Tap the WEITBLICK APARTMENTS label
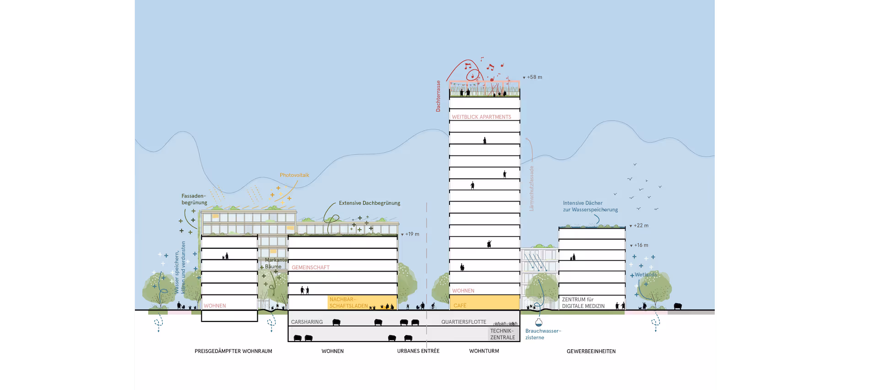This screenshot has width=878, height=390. (x=482, y=117)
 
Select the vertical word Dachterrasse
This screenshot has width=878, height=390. (x=438, y=96)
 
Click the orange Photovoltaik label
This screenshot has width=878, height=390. (x=294, y=175)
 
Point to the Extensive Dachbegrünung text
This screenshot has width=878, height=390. (x=369, y=203)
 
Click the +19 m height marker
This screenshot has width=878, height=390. (x=412, y=234)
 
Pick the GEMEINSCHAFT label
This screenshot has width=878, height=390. (x=311, y=267)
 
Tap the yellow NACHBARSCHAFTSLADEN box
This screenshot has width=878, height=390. (x=363, y=303)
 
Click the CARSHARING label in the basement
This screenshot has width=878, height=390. (x=307, y=322)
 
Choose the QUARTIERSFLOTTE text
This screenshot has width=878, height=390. (x=464, y=322)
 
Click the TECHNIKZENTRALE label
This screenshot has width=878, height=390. (x=503, y=334)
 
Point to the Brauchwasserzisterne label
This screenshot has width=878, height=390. (x=543, y=334)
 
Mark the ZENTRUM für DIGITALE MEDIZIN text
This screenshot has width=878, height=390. (x=583, y=303)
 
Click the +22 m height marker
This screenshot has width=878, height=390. (x=640, y=225)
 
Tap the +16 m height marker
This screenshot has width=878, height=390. (x=640, y=245)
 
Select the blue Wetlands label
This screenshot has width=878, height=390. (x=646, y=275)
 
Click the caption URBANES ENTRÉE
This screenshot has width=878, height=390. (x=418, y=351)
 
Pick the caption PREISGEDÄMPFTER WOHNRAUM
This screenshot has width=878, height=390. (x=233, y=351)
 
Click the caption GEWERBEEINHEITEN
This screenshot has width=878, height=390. (x=591, y=351)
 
